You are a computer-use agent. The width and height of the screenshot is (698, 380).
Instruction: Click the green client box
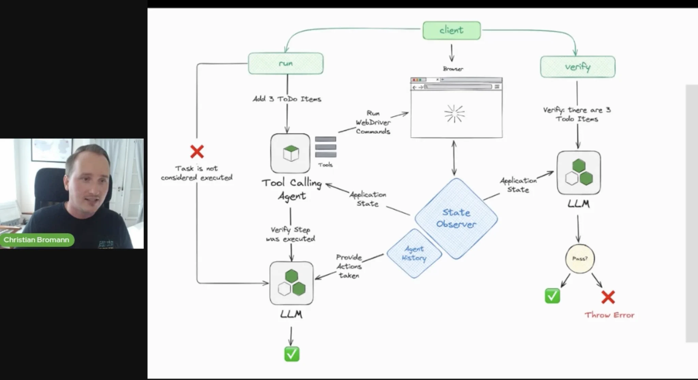click(452, 30)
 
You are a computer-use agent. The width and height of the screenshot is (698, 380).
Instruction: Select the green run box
click(286, 63)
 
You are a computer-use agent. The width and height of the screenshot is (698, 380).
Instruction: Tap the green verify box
click(578, 67)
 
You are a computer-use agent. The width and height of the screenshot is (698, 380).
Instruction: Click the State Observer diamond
click(456, 218)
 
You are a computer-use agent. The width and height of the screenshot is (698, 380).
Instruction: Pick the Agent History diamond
click(414, 253)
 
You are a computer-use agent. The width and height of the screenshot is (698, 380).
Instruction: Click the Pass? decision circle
click(580, 259)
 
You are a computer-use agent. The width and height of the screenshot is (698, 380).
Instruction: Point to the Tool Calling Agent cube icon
click(290, 154)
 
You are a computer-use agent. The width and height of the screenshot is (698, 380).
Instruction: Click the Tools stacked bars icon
click(325, 147)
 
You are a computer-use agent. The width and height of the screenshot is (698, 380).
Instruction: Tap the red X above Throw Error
click(608, 297)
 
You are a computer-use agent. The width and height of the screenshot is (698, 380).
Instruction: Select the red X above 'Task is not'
click(197, 152)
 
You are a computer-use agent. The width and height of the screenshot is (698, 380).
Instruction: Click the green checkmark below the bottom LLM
click(292, 354)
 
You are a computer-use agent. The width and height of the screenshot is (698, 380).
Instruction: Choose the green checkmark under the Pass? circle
click(552, 296)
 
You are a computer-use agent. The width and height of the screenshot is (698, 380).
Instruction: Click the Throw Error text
click(610, 315)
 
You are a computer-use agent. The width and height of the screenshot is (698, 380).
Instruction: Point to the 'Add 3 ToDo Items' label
click(287, 99)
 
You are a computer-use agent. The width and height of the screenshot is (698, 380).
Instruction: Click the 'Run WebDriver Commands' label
click(373, 122)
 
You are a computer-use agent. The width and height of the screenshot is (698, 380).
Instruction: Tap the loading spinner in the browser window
click(455, 114)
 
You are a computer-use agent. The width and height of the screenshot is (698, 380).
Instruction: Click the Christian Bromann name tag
click(36, 240)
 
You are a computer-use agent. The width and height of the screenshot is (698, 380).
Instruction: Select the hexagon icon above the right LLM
click(579, 173)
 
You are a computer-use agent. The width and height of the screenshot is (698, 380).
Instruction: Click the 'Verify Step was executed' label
click(291, 234)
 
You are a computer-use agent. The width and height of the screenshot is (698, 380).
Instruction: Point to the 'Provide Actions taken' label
click(349, 266)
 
